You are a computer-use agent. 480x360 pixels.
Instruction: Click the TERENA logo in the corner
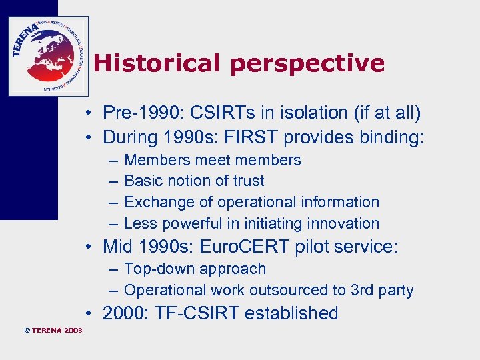(x=48, y=56)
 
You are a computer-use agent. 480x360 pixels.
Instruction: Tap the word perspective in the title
(x=307, y=64)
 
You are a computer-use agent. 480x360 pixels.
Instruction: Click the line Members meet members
(x=212, y=160)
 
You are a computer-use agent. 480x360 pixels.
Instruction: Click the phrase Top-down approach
(x=195, y=269)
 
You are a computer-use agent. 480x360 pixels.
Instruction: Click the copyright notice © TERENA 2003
(x=43, y=330)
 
